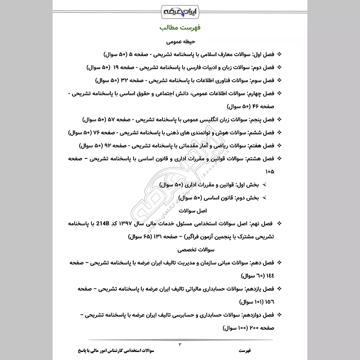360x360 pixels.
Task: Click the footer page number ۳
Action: point(180,345)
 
